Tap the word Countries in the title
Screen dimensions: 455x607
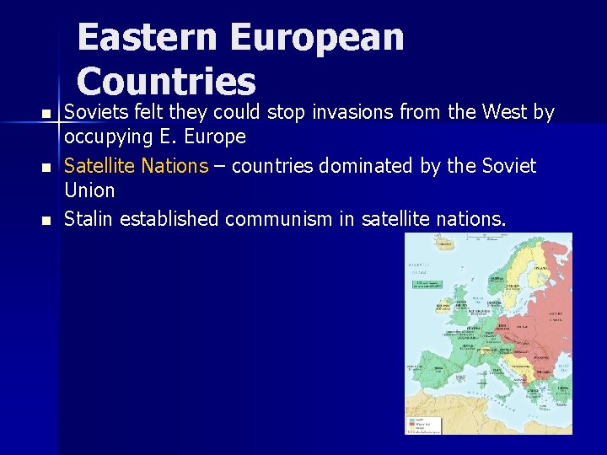point(166,82)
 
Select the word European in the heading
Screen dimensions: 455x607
point(317,39)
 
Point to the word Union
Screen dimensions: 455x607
point(89,190)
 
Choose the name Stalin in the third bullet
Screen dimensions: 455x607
point(89,219)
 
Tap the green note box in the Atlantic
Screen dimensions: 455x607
point(429,284)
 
